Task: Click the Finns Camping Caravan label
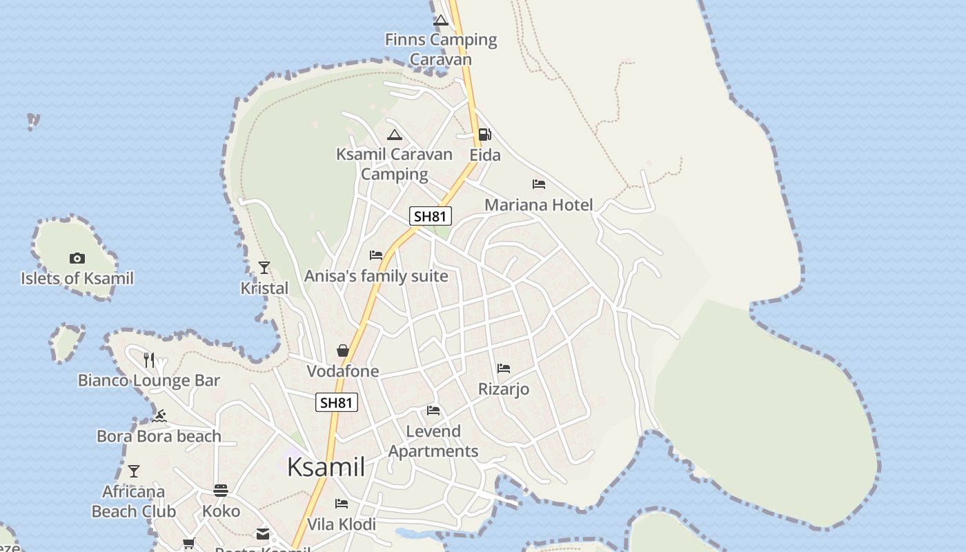(x=441, y=49)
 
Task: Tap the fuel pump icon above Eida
(x=485, y=134)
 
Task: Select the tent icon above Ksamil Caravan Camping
(x=394, y=135)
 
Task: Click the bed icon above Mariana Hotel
(x=539, y=184)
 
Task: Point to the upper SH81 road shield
(x=430, y=216)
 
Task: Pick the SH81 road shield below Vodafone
(x=337, y=402)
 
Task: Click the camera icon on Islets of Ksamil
(x=77, y=258)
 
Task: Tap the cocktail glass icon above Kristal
(x=264, y=267)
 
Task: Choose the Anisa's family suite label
(x=376, y=276)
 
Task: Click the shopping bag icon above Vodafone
(x=343, y=351)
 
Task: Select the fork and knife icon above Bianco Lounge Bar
(x=149, y=359)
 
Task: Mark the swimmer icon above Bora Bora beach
(x=160, y=415)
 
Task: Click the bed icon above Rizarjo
(x=504, y=368)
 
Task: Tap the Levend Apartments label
(x=433, y=441)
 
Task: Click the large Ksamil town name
(x=326, y=467)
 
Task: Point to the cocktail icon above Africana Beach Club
(x=134, y=471)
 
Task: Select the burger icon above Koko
(x=221, y=491)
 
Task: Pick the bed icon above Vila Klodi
(x=342, y=504)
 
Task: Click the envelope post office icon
(x=263, y=533)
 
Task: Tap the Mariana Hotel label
(x=538, y=205)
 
